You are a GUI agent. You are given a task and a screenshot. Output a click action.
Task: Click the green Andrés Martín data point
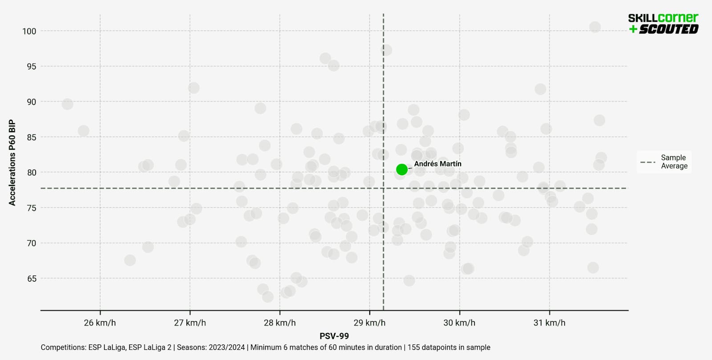402,170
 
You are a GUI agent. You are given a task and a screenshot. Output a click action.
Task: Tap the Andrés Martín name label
437,164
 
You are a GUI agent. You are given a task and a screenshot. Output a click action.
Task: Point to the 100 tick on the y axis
29,31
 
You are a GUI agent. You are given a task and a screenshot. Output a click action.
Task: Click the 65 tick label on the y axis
32,279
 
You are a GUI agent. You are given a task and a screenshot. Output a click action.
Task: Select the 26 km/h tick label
100,323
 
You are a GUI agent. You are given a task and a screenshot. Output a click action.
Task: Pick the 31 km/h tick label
549,323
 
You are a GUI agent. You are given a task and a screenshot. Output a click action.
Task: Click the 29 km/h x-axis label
369,323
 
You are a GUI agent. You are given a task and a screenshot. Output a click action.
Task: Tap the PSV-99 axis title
334,336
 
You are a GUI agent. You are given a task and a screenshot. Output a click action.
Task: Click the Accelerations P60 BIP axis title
12,162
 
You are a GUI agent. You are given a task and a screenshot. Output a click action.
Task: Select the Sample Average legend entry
664,162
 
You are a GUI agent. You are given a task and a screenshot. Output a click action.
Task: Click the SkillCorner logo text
663,18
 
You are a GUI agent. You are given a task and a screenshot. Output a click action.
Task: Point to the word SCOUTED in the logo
668,29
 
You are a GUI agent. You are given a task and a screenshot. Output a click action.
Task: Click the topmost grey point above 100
595,27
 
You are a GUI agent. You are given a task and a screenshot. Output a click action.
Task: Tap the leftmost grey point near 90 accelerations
67,104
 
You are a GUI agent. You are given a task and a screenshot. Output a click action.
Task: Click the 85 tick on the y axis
32,138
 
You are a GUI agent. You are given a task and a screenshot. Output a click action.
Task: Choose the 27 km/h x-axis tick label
190,323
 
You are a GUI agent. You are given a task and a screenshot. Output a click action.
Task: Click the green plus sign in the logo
633,29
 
